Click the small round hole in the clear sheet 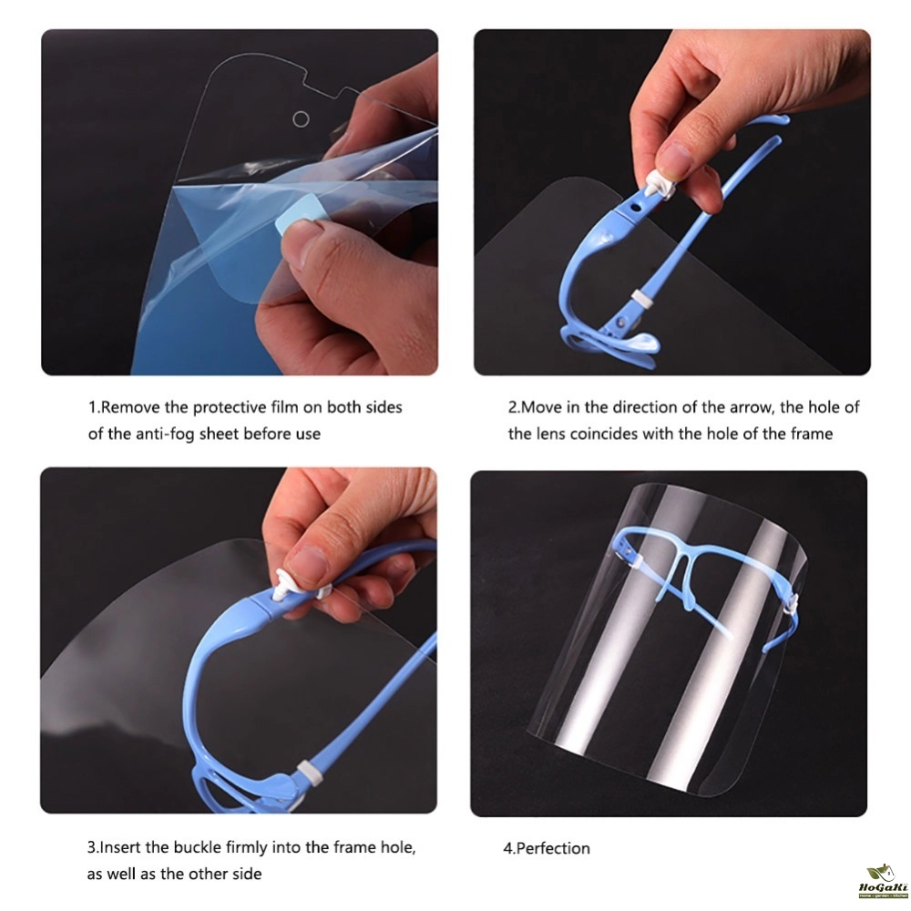[x=301, y=119]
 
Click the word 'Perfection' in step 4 [x=553, y=848]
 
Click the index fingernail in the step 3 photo [x=308, y=566]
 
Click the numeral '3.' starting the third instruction [x=93, y=847]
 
